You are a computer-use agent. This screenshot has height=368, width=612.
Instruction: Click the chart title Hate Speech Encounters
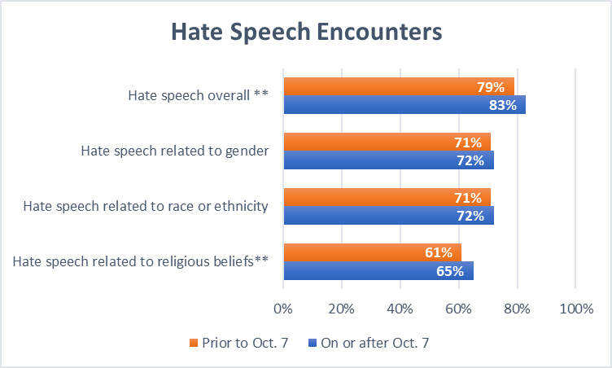point(306,32)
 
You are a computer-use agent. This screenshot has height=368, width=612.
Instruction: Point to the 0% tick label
point(283,309)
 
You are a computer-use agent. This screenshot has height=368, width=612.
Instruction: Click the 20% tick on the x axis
point(342,309)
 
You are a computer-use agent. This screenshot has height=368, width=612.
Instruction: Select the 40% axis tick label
point(400,309)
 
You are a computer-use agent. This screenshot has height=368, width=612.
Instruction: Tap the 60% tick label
point(459,309)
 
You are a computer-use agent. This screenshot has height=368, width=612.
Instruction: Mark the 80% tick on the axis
point(518,309)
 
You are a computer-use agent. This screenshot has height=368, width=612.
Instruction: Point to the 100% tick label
point(575,309)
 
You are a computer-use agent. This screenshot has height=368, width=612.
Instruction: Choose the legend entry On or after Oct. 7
point(369,343)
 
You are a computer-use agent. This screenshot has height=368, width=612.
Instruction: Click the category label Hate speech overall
point(198,95)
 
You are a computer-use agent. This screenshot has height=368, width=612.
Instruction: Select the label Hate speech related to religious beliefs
point(142,261)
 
